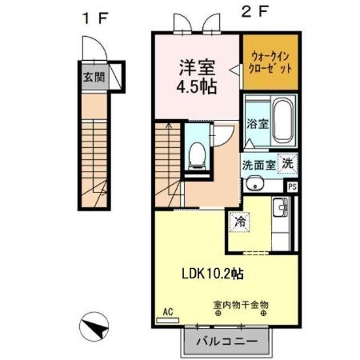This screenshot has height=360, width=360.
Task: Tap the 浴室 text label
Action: [x=258, y=125]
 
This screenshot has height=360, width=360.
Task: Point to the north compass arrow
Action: [x=95, y=328]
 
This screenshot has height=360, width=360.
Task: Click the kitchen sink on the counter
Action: [x=280, y=210]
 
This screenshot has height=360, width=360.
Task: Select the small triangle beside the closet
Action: [x=235, y=70]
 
